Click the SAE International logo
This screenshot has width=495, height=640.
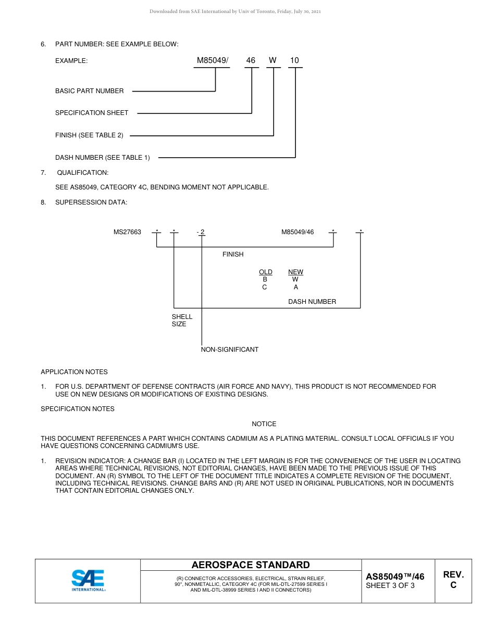pyautogui.click(x=88, y=580)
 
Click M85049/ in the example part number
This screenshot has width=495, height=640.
pyautogui.click(x=212, y=60)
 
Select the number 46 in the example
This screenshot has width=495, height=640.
pyautogui.click(x=251, y=60)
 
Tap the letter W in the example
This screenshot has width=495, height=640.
pyautogui.click(x=273, y=60)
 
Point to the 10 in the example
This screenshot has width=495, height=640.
pyautogui.click(x=294, y=60)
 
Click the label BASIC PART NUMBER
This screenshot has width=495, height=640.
pyautogui.click(x=90, y=91)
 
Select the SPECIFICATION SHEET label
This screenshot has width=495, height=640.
pyautogui.click(x=92, y=113)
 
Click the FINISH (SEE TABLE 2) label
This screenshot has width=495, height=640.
pyautogui.click(x=89, y=135)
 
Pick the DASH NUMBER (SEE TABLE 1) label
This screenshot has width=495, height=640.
pyautogui.click(x=102, y=158)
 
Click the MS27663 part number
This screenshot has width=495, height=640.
pyautogui.click(x=127, y=232)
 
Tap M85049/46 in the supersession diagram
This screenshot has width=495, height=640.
pyautogui.click(x=298, y=232)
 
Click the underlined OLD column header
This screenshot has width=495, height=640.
pyautogui.click(x=265, y=272)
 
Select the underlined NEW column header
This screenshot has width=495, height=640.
pyautogui.click(x=295, y=272)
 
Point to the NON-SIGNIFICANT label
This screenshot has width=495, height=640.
pyautogui.click(x=230, y=350)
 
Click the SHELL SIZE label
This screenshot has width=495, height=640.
pyautogui.click(x=182, y=320)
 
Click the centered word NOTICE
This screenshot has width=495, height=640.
pyautogui.click(x=264, y=424)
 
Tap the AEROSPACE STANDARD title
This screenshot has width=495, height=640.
pyautogui.click(x=251, y=565)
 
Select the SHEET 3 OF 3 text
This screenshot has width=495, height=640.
pyautogui.click(x=390, y=585)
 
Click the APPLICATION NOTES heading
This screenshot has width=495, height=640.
pyautogui.click(x=74, y=372)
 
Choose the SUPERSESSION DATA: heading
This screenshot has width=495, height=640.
pyautogui.click(x=91, y=202)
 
